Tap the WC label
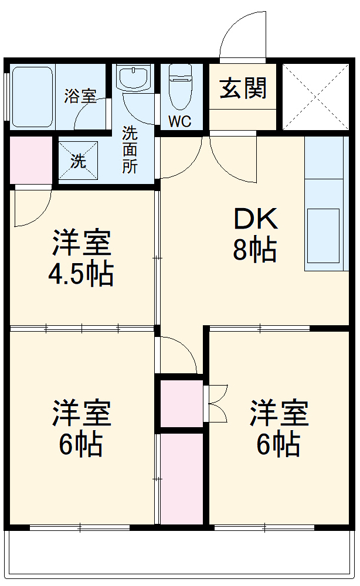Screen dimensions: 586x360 [x=180, y=122]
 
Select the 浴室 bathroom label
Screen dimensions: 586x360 [x=80, y=96]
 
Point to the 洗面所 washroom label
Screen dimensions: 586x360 [x=130, y=149]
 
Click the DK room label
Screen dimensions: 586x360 [x=255, y=220]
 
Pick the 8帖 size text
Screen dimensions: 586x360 [x=255, y=250]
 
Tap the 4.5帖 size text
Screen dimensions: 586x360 [x=80, y=274]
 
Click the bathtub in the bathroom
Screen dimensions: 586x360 [x=33, y=95]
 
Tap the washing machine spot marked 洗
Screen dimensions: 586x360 [x=79, y=161]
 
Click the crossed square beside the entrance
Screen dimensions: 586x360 [x=315, y=95]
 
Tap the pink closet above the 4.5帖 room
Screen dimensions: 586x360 [x=30, y=159]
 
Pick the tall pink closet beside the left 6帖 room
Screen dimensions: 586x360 [x=182, y=478]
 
